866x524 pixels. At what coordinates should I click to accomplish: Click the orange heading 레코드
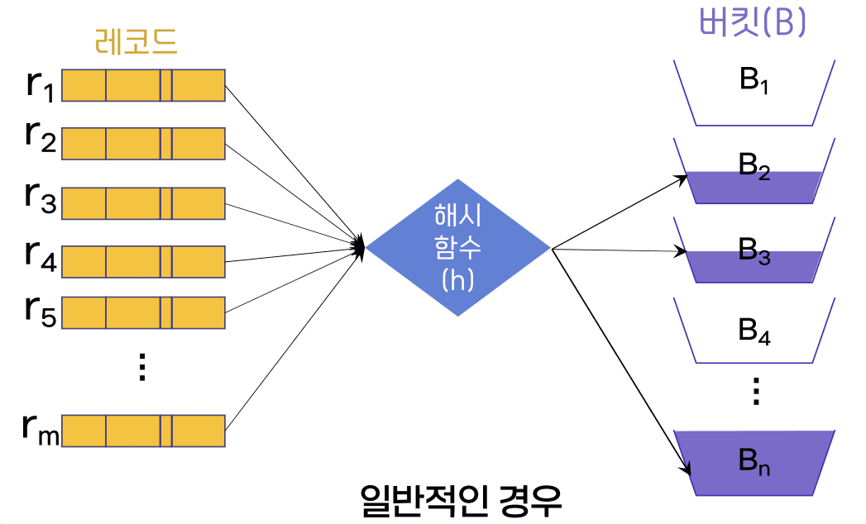136,41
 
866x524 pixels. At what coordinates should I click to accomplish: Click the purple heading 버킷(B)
752,23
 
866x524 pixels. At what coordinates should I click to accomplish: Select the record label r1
40,86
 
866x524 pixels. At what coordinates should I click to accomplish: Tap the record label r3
40,198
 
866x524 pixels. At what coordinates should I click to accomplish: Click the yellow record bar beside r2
143,143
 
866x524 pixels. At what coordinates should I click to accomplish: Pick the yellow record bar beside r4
143,261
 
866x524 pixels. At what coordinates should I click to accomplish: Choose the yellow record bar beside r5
143,312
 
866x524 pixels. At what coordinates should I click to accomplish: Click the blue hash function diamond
458,247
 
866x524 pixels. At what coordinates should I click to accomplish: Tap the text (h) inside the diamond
458,280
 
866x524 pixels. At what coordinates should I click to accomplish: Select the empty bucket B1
754,92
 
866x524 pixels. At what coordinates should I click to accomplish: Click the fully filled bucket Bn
754,463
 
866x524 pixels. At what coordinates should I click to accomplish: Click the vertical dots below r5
142,365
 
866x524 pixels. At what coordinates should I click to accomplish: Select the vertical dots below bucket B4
754,391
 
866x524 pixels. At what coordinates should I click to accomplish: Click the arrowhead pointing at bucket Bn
687,472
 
